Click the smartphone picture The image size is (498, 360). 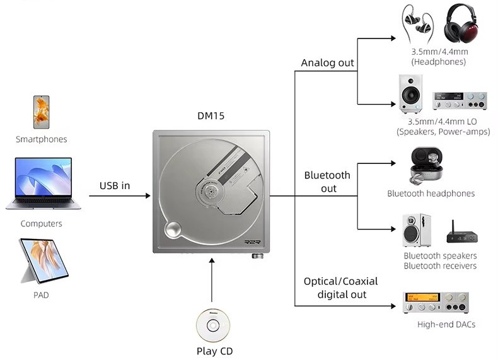[x=41, y=113]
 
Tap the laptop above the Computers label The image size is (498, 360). [x=39, y=183]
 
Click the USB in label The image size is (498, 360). [x=114, y=185]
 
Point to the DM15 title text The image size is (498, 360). [x=211, y=116]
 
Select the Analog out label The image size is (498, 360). [x=327, y=63]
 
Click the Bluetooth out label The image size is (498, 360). [x=327, y=182]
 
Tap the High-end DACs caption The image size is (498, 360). [x=446, y=325]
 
